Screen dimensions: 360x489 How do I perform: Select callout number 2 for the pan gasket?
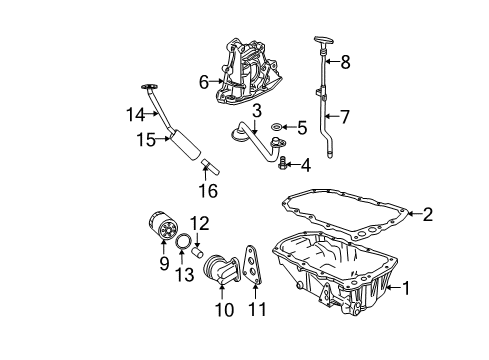tap(427, 212)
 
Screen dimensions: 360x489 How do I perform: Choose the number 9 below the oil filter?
tap(164, 264)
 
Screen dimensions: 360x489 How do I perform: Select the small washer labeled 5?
tap(273, 128)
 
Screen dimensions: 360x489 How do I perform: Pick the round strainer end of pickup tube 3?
tap(240, 129)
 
